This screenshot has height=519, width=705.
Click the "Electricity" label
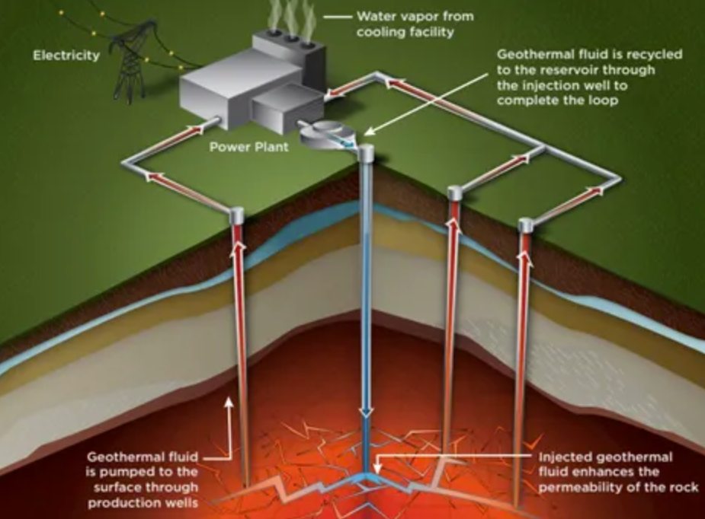tap(66, 56)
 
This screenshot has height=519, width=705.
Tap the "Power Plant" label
tap(249, 146)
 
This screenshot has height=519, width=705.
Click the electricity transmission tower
tap(130, 65)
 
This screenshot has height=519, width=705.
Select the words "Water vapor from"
tap(405, 17)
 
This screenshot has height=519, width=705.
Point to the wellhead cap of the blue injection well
tap(367, 152)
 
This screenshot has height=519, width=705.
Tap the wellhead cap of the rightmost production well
tap(525, 225)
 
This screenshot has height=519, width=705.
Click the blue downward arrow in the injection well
tap(367, 411)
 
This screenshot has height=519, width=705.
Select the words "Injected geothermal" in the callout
tap(605, 457)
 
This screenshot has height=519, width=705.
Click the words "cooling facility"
tap(405, 32)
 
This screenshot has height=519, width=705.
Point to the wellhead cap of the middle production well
tap(455, 193)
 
